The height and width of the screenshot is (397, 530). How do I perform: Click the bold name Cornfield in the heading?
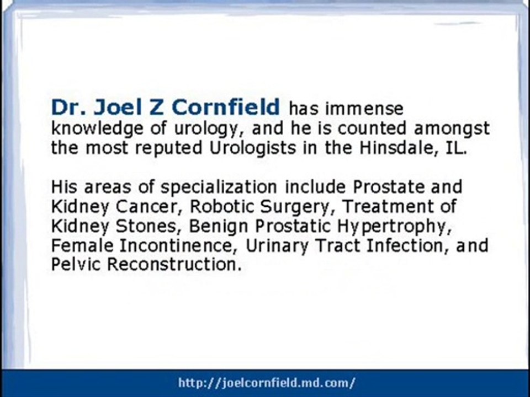[x=226, y=107]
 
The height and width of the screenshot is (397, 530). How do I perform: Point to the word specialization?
[x=219, y=187]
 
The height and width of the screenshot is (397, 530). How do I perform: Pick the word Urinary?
[x=277, y=246]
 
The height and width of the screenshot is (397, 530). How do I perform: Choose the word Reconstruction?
[x=174, y=265]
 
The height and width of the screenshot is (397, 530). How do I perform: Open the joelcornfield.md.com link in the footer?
[x=267, y=383]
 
